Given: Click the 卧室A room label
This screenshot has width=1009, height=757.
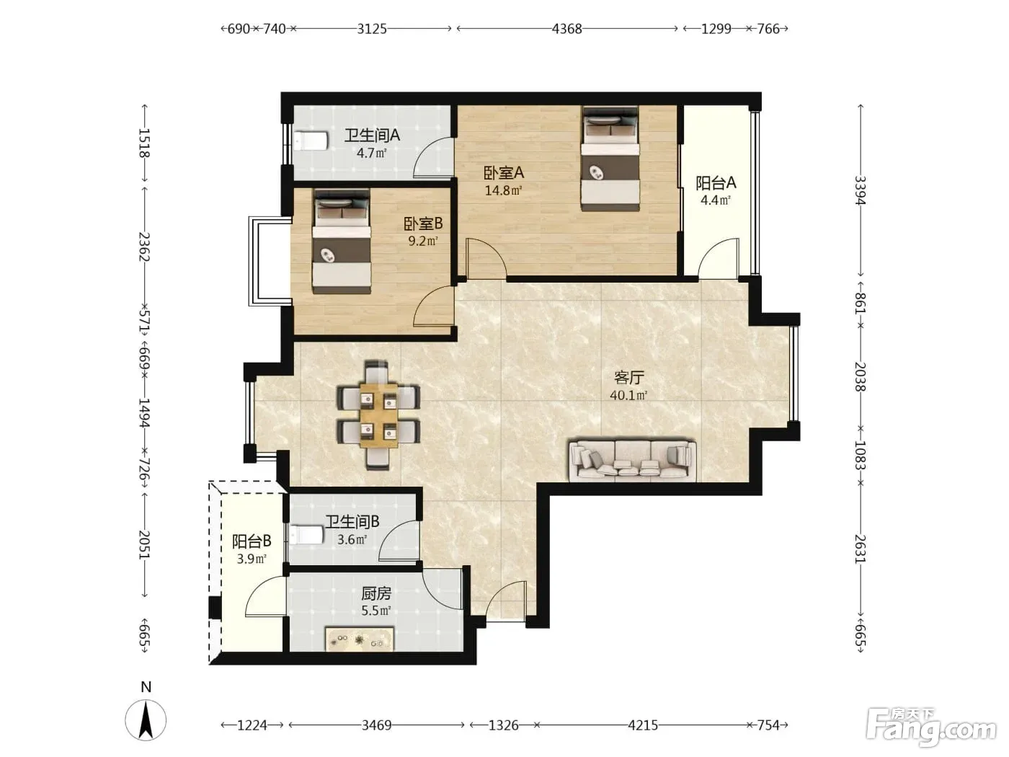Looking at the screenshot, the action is (503, 173).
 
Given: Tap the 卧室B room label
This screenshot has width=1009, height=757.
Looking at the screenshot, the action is (423, 223).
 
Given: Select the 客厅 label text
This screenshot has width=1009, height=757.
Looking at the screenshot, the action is (629, 378).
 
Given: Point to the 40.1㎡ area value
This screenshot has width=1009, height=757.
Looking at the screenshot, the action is (628, 395).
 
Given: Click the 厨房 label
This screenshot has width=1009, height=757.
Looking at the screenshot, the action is (376, 594).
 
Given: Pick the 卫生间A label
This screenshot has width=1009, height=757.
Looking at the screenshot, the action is (372, 135).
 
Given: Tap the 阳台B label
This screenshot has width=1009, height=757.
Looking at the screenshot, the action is (252, 541).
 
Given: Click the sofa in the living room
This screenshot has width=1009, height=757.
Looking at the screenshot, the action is (633, 461).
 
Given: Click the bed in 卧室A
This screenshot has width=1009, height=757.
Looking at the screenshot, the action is (610, 159).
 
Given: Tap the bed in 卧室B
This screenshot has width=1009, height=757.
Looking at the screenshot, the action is (342, 242).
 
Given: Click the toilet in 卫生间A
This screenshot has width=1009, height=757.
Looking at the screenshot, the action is (311, 141).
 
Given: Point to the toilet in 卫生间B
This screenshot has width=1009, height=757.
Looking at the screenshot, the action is (306, 535).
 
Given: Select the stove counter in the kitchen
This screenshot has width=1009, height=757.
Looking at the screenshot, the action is (360, 639).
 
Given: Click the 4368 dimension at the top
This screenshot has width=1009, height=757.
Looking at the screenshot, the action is (566, 29).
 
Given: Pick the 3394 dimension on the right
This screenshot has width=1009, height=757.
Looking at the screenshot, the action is (860, 190).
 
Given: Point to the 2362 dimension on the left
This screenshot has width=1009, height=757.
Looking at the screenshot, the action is (144, 247).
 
